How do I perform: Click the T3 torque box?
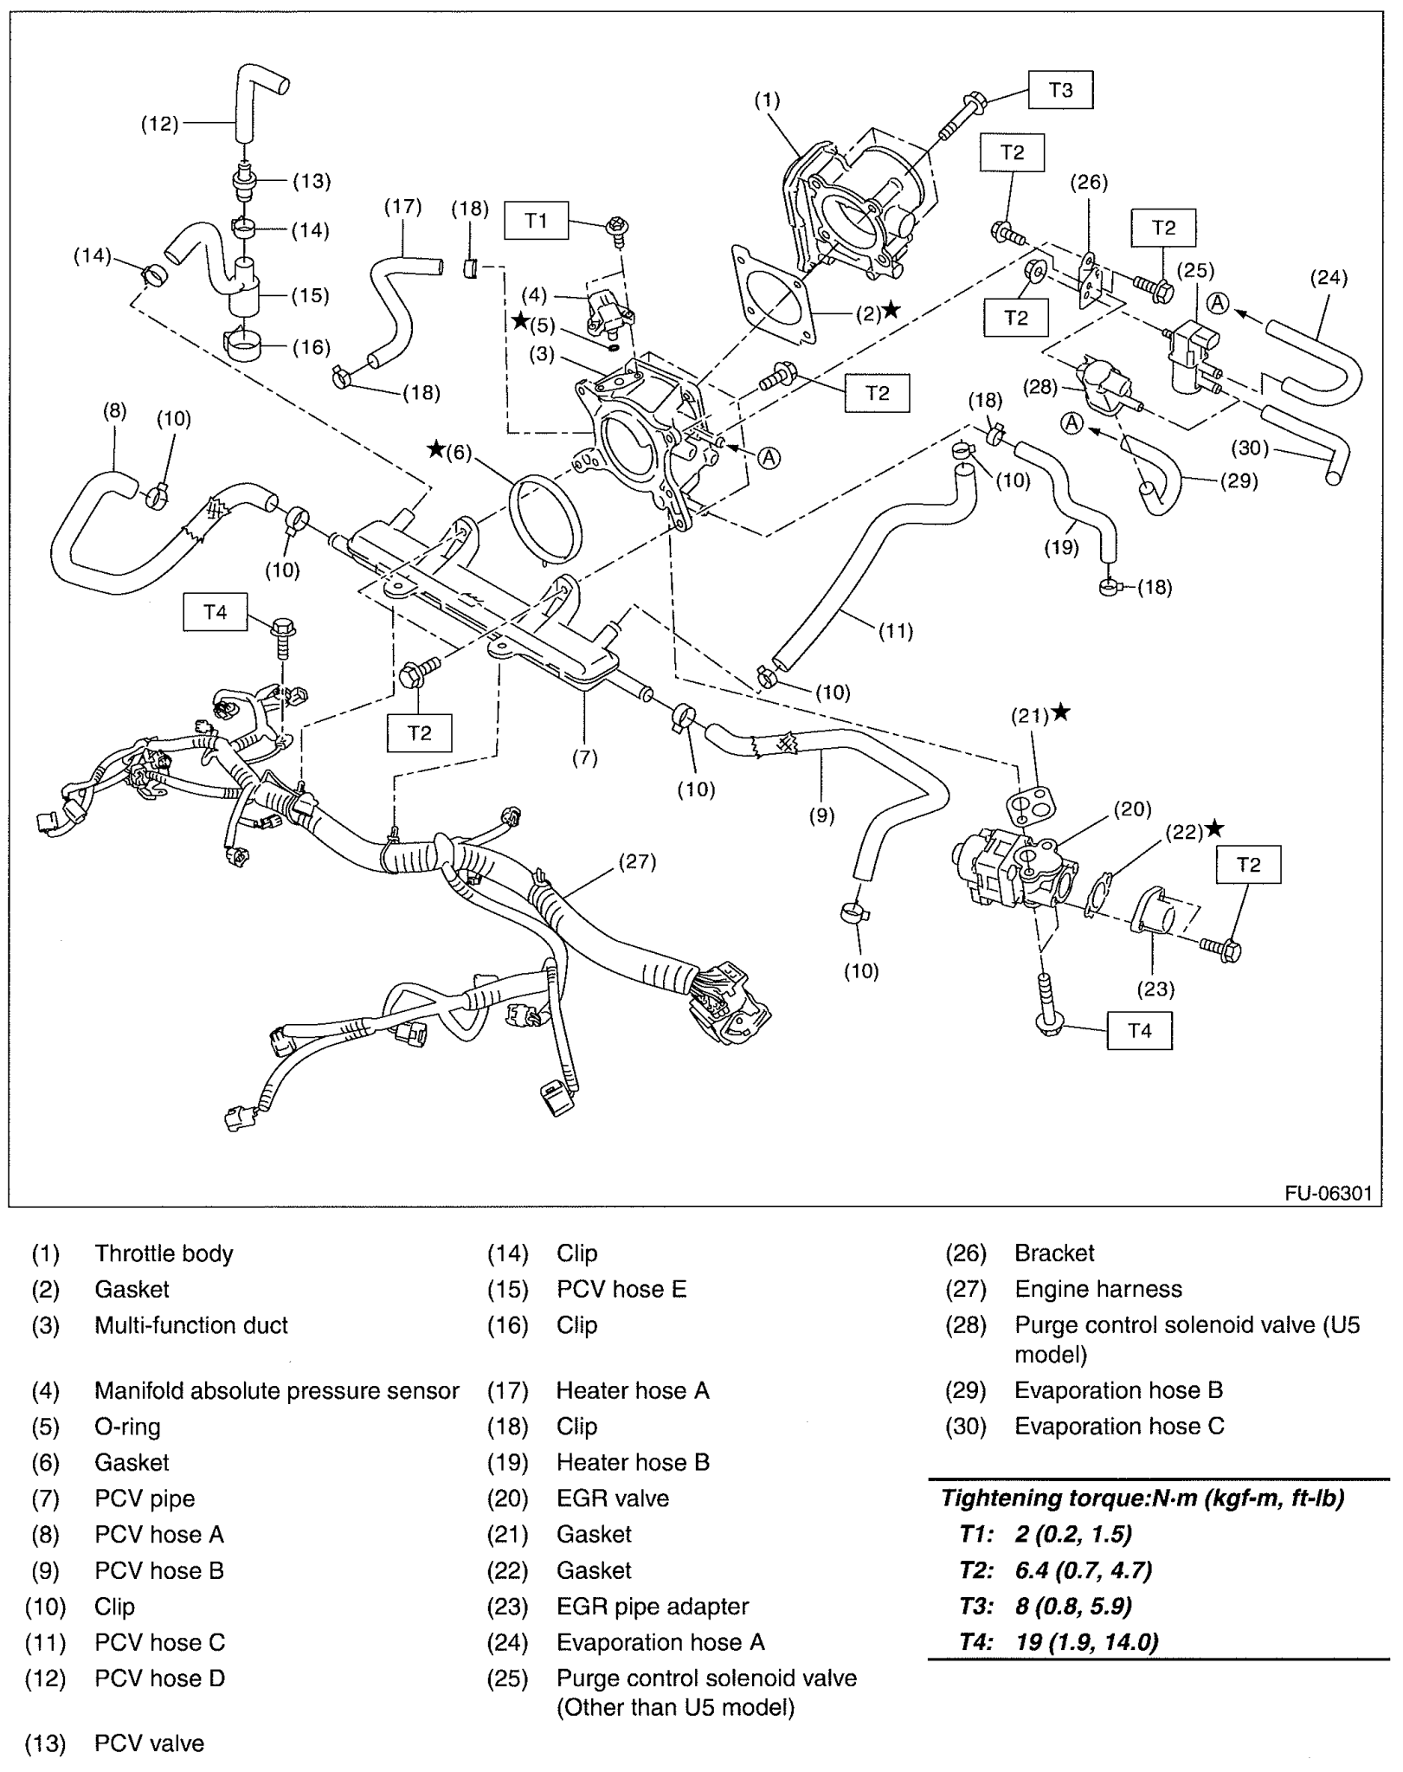click(1060, 90)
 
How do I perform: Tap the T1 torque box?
click(536, 221)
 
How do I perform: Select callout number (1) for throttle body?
click(766, 100)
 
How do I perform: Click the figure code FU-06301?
click(1328, 1193)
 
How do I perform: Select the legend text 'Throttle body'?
click(164, 1253)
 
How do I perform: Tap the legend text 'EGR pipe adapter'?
click(652, 1606)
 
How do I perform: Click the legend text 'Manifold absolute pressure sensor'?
click(276, 1390)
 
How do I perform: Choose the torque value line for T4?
click(1060, 1641)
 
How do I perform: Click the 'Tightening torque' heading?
click(1142, 1498)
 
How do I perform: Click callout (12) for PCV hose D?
click(159, 124)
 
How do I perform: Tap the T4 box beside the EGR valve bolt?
click(1139, 1030)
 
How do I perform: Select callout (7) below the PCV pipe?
click(584, 757)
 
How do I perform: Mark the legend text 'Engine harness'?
click(1097, 1289)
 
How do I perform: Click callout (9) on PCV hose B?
click(821, 814)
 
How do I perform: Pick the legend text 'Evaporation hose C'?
click(1119, 1426)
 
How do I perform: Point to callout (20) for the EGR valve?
click(1132, 809)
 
